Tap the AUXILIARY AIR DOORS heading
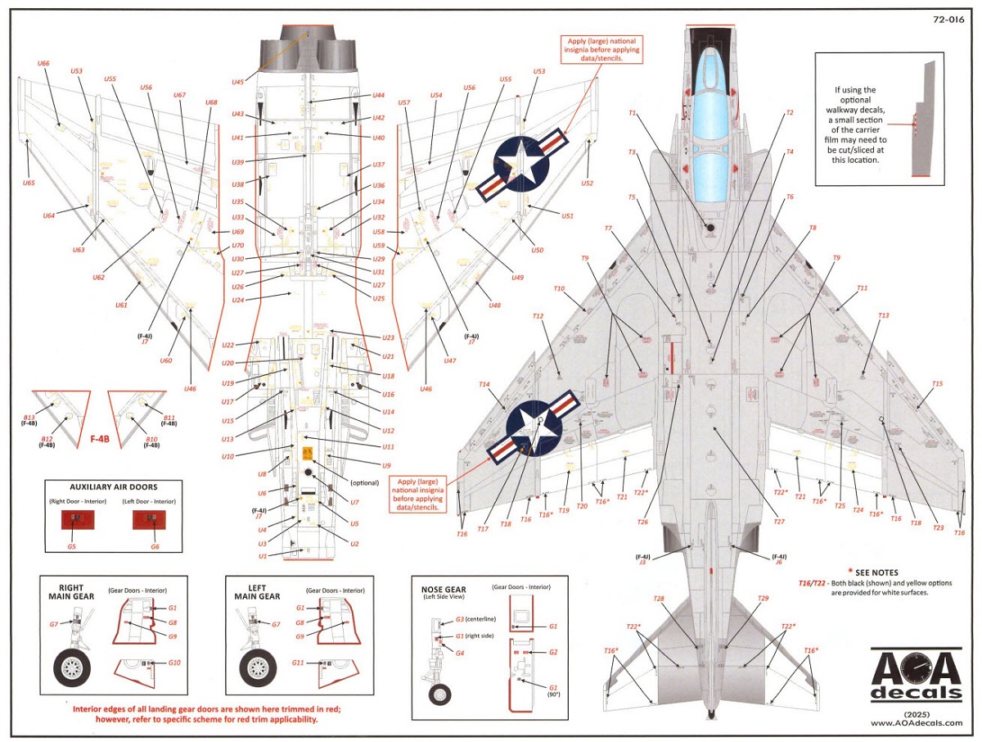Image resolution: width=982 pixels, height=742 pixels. pyautogui.click(x=101, y=486)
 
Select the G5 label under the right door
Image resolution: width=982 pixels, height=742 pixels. pyautogui.click(x=72, y=546)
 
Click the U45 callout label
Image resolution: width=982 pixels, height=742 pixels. pyautogui.click(x=238, y=82)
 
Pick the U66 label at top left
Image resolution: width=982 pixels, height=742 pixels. pyautogui.click(x=44, y=63)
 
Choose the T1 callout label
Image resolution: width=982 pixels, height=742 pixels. pyautogui.click(x=633, y=113)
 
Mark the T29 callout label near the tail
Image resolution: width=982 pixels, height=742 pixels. pyautogui.click(x=763, y=599)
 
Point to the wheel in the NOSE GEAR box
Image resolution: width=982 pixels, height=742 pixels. pyautogui.click(x=440, y=694)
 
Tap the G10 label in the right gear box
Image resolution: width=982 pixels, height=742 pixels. pyautogui.click(x=173, y=662)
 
